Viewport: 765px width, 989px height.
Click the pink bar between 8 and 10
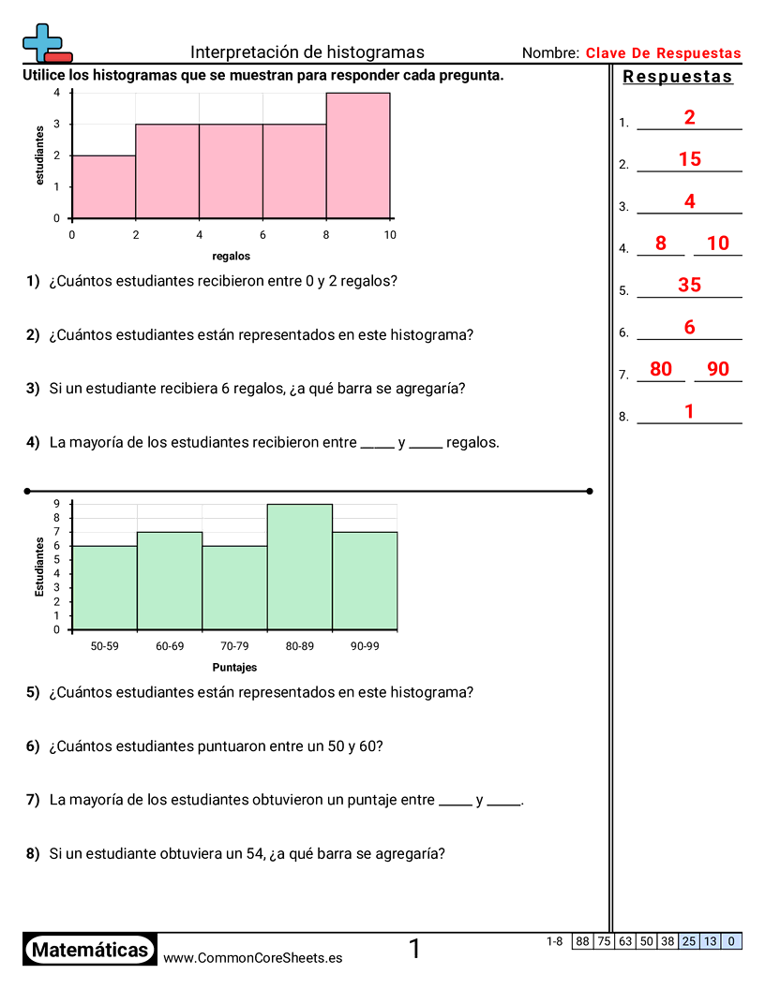[x=358, y=155]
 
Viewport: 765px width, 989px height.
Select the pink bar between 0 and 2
[x=104, y=186]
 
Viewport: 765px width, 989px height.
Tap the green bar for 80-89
[x=300, y=567]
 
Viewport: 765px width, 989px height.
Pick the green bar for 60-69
[x=170, y=581]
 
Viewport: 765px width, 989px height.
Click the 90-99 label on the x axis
[x=365, y=646]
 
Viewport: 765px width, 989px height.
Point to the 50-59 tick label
[x=104, y=646]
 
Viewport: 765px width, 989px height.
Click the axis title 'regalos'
[x=231, y=256]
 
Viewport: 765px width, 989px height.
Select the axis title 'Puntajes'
[x=234, y=668]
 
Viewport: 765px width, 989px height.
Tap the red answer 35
[x=689, y=286]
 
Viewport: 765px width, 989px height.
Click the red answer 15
[x=689, y=160]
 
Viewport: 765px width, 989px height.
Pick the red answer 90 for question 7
[x=718, y=369]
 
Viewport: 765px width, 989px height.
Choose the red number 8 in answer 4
[x=661, y=244]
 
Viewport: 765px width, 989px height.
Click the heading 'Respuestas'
[x=678, y=77]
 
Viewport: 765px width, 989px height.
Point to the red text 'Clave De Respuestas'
[x=663, y=53]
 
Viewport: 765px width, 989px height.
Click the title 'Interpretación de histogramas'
[x=307, y=52]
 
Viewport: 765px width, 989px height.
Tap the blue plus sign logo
[x=43, y=41]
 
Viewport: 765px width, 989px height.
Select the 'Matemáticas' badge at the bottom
[x=90, y=951]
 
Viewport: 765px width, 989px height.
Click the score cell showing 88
[x=582, y=941]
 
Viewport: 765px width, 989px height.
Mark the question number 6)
[x=33, y=746]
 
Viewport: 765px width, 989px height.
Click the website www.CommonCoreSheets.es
[x=252, y=958]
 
